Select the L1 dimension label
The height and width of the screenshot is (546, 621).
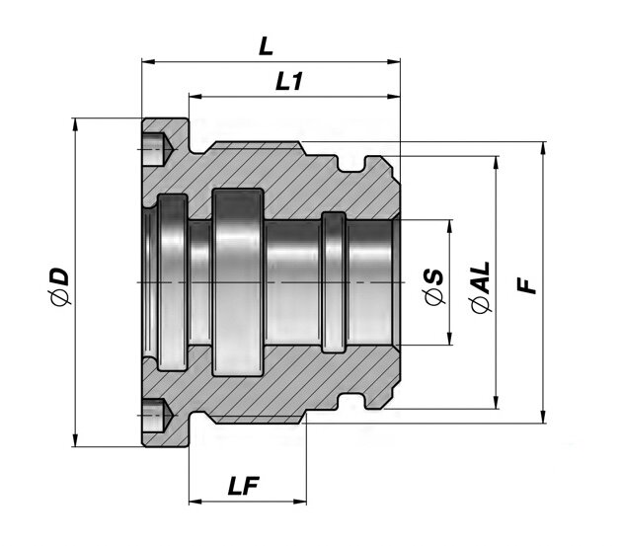pyautogui.click(x=288, y=83)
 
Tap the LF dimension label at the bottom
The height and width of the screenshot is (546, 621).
pyautogui.click(x=244, y=486)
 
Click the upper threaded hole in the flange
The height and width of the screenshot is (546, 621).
pyautogui.click(x=156, y=148)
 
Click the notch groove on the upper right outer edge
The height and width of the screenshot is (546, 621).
pyautogui.click(x=373, y=161)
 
